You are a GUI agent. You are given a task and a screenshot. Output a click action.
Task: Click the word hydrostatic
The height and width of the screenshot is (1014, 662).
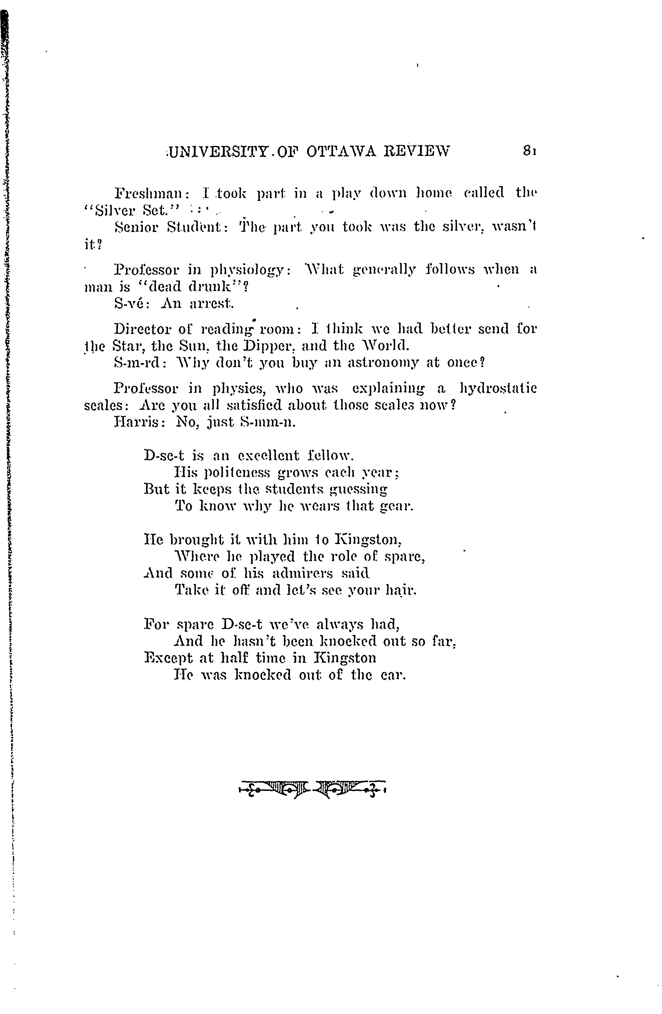(x=498, y=388)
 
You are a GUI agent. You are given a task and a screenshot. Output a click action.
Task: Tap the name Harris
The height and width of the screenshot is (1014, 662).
(x=136, y=422)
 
